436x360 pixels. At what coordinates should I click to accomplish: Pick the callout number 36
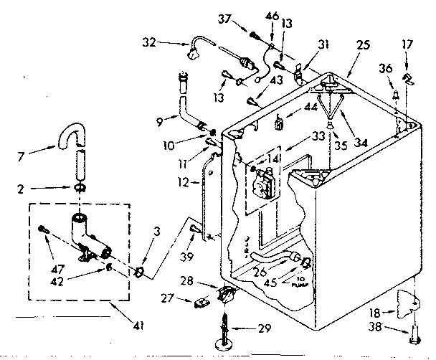coord(386,69)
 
